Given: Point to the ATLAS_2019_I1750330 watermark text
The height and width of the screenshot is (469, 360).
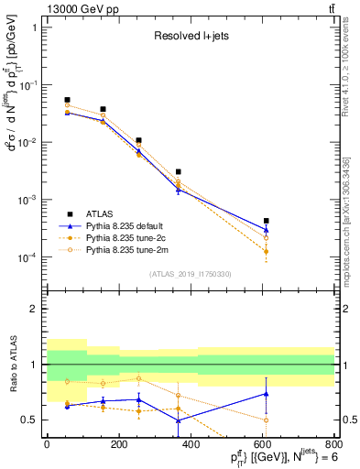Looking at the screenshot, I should (x=190, y=273).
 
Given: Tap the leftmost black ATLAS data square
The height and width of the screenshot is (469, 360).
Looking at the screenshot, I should (x=67, y=100).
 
